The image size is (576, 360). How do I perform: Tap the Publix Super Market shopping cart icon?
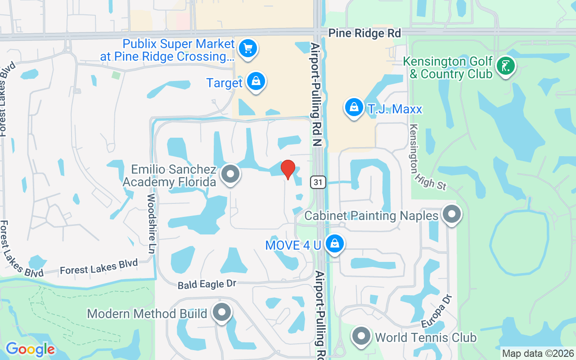click(247, 48)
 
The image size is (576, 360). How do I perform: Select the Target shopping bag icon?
click(256, 82)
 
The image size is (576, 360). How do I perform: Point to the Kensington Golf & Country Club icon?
click(505, 66)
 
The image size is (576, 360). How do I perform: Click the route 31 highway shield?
click(318, 182)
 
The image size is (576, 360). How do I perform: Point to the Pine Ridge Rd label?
click(364, 33)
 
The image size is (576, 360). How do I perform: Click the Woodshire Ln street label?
click(151, 224)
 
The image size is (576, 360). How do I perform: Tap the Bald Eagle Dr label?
click(207, 284)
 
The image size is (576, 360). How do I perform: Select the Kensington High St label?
click(426, 157)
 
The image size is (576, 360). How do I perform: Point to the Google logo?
click(30, 349)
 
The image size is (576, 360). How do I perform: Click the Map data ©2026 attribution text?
click(538, 354)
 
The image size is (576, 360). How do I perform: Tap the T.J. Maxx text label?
click(395, 108)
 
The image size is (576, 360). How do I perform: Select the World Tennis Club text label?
click(425, 337)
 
